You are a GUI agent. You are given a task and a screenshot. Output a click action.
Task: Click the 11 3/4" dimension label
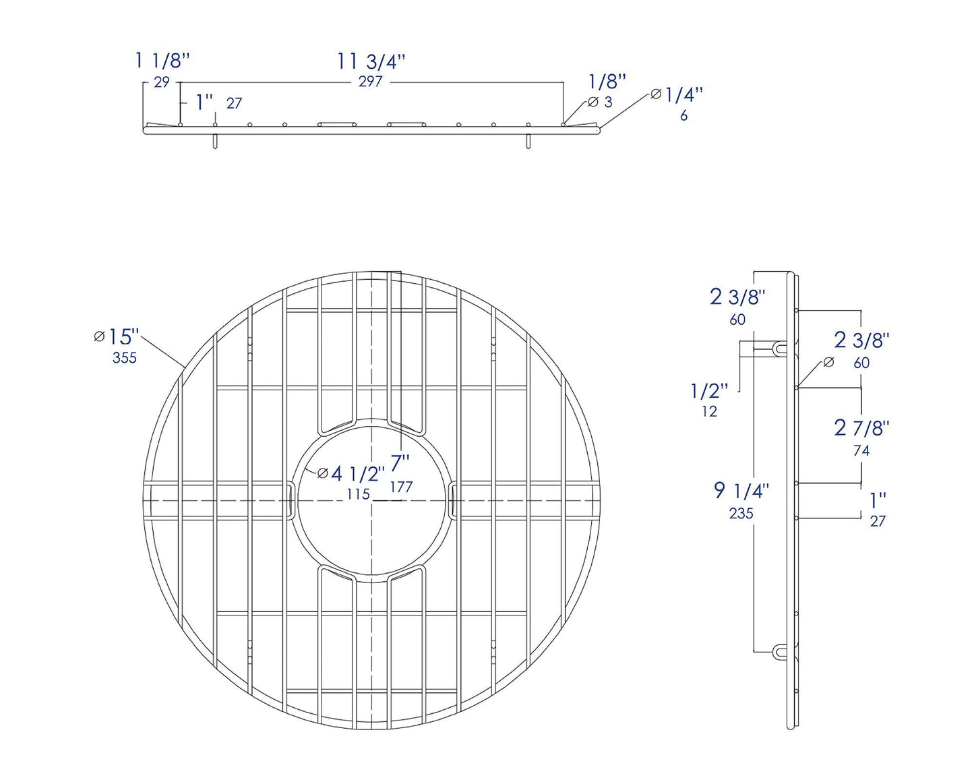point(371,61)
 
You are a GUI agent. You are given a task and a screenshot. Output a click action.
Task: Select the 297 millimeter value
point(371,82)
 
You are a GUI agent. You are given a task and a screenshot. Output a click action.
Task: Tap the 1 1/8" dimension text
point(162,61)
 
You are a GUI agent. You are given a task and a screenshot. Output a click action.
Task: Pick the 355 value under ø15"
point(125,358)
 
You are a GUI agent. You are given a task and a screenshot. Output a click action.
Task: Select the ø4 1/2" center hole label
point(351,473)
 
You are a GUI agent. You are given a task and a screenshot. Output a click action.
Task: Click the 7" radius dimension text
point(400,464)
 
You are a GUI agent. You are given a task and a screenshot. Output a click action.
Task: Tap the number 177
point(401,487)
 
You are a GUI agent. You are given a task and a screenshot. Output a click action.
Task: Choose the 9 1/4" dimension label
point(741,491)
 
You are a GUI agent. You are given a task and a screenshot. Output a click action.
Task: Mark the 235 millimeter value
point(741,514)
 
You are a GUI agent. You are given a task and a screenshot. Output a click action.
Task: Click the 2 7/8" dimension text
point(861,428)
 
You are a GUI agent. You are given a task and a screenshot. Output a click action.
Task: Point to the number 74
point(861,451)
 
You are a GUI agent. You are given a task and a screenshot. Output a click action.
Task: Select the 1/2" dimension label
point(710,390)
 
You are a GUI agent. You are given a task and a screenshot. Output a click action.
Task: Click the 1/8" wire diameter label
point(607,82)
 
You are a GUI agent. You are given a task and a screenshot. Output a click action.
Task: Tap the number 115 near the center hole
point(359,494)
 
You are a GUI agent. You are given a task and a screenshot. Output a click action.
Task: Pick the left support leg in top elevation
point(215,141)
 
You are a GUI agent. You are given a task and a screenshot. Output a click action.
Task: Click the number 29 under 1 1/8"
point(162,83)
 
